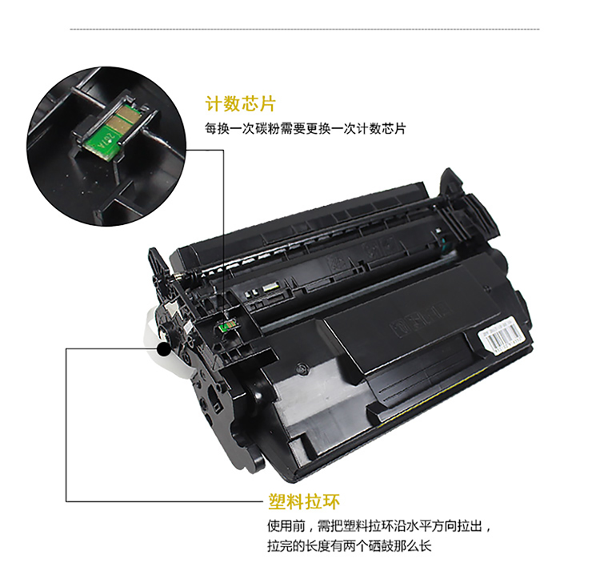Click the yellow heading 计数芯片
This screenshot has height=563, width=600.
pyautogui.click(x=240, y=104)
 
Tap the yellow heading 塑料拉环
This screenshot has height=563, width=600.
pyautogui.click(x=304, y=501)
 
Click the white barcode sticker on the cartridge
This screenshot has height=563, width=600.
pyautogui.click(x=503, y=339)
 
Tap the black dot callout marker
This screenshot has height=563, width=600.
pyautogui.click(x=164, y=349)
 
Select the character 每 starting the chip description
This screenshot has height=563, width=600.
pyautogui.click(x=211, y=129)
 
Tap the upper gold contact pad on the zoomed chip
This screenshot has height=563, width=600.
pyautogui.click(x=128, y=113)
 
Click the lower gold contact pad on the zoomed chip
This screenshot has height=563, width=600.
pyautogui.click(x=119, y=123)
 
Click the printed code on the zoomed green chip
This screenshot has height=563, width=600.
pyautogui.click(x=103, y=142)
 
